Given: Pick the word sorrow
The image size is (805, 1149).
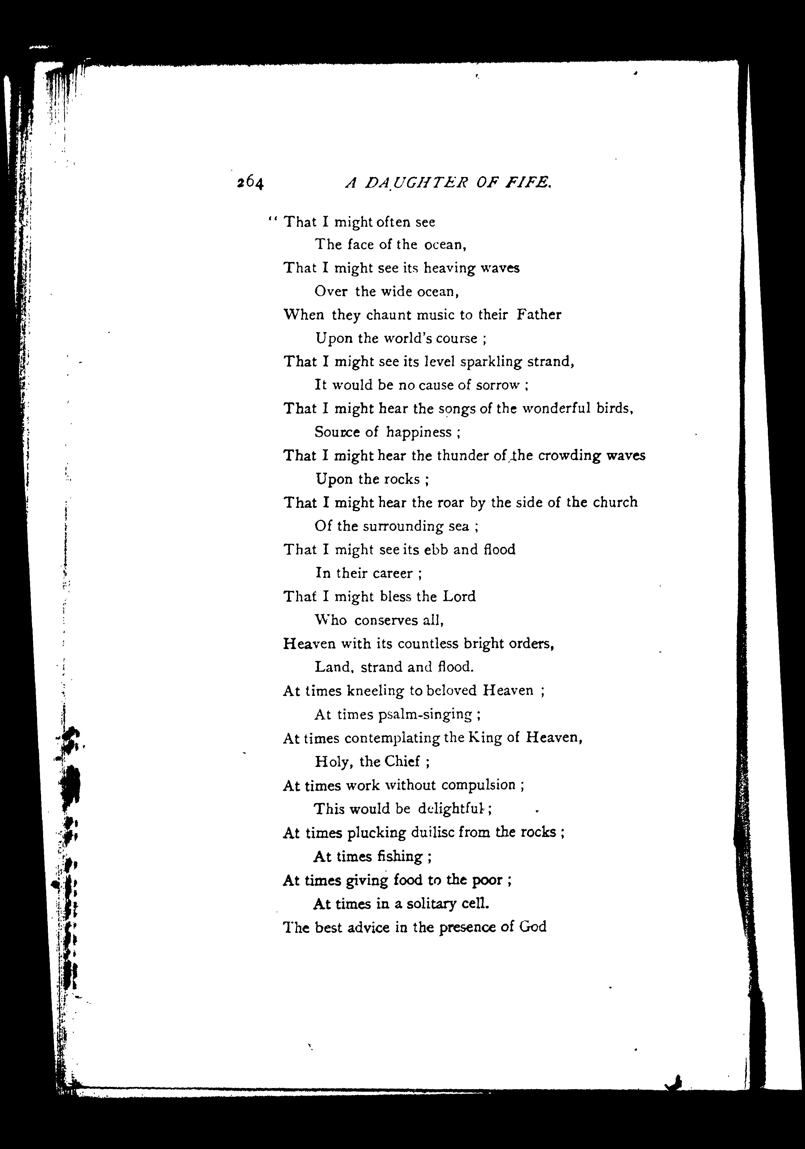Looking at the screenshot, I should click(497, 385).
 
